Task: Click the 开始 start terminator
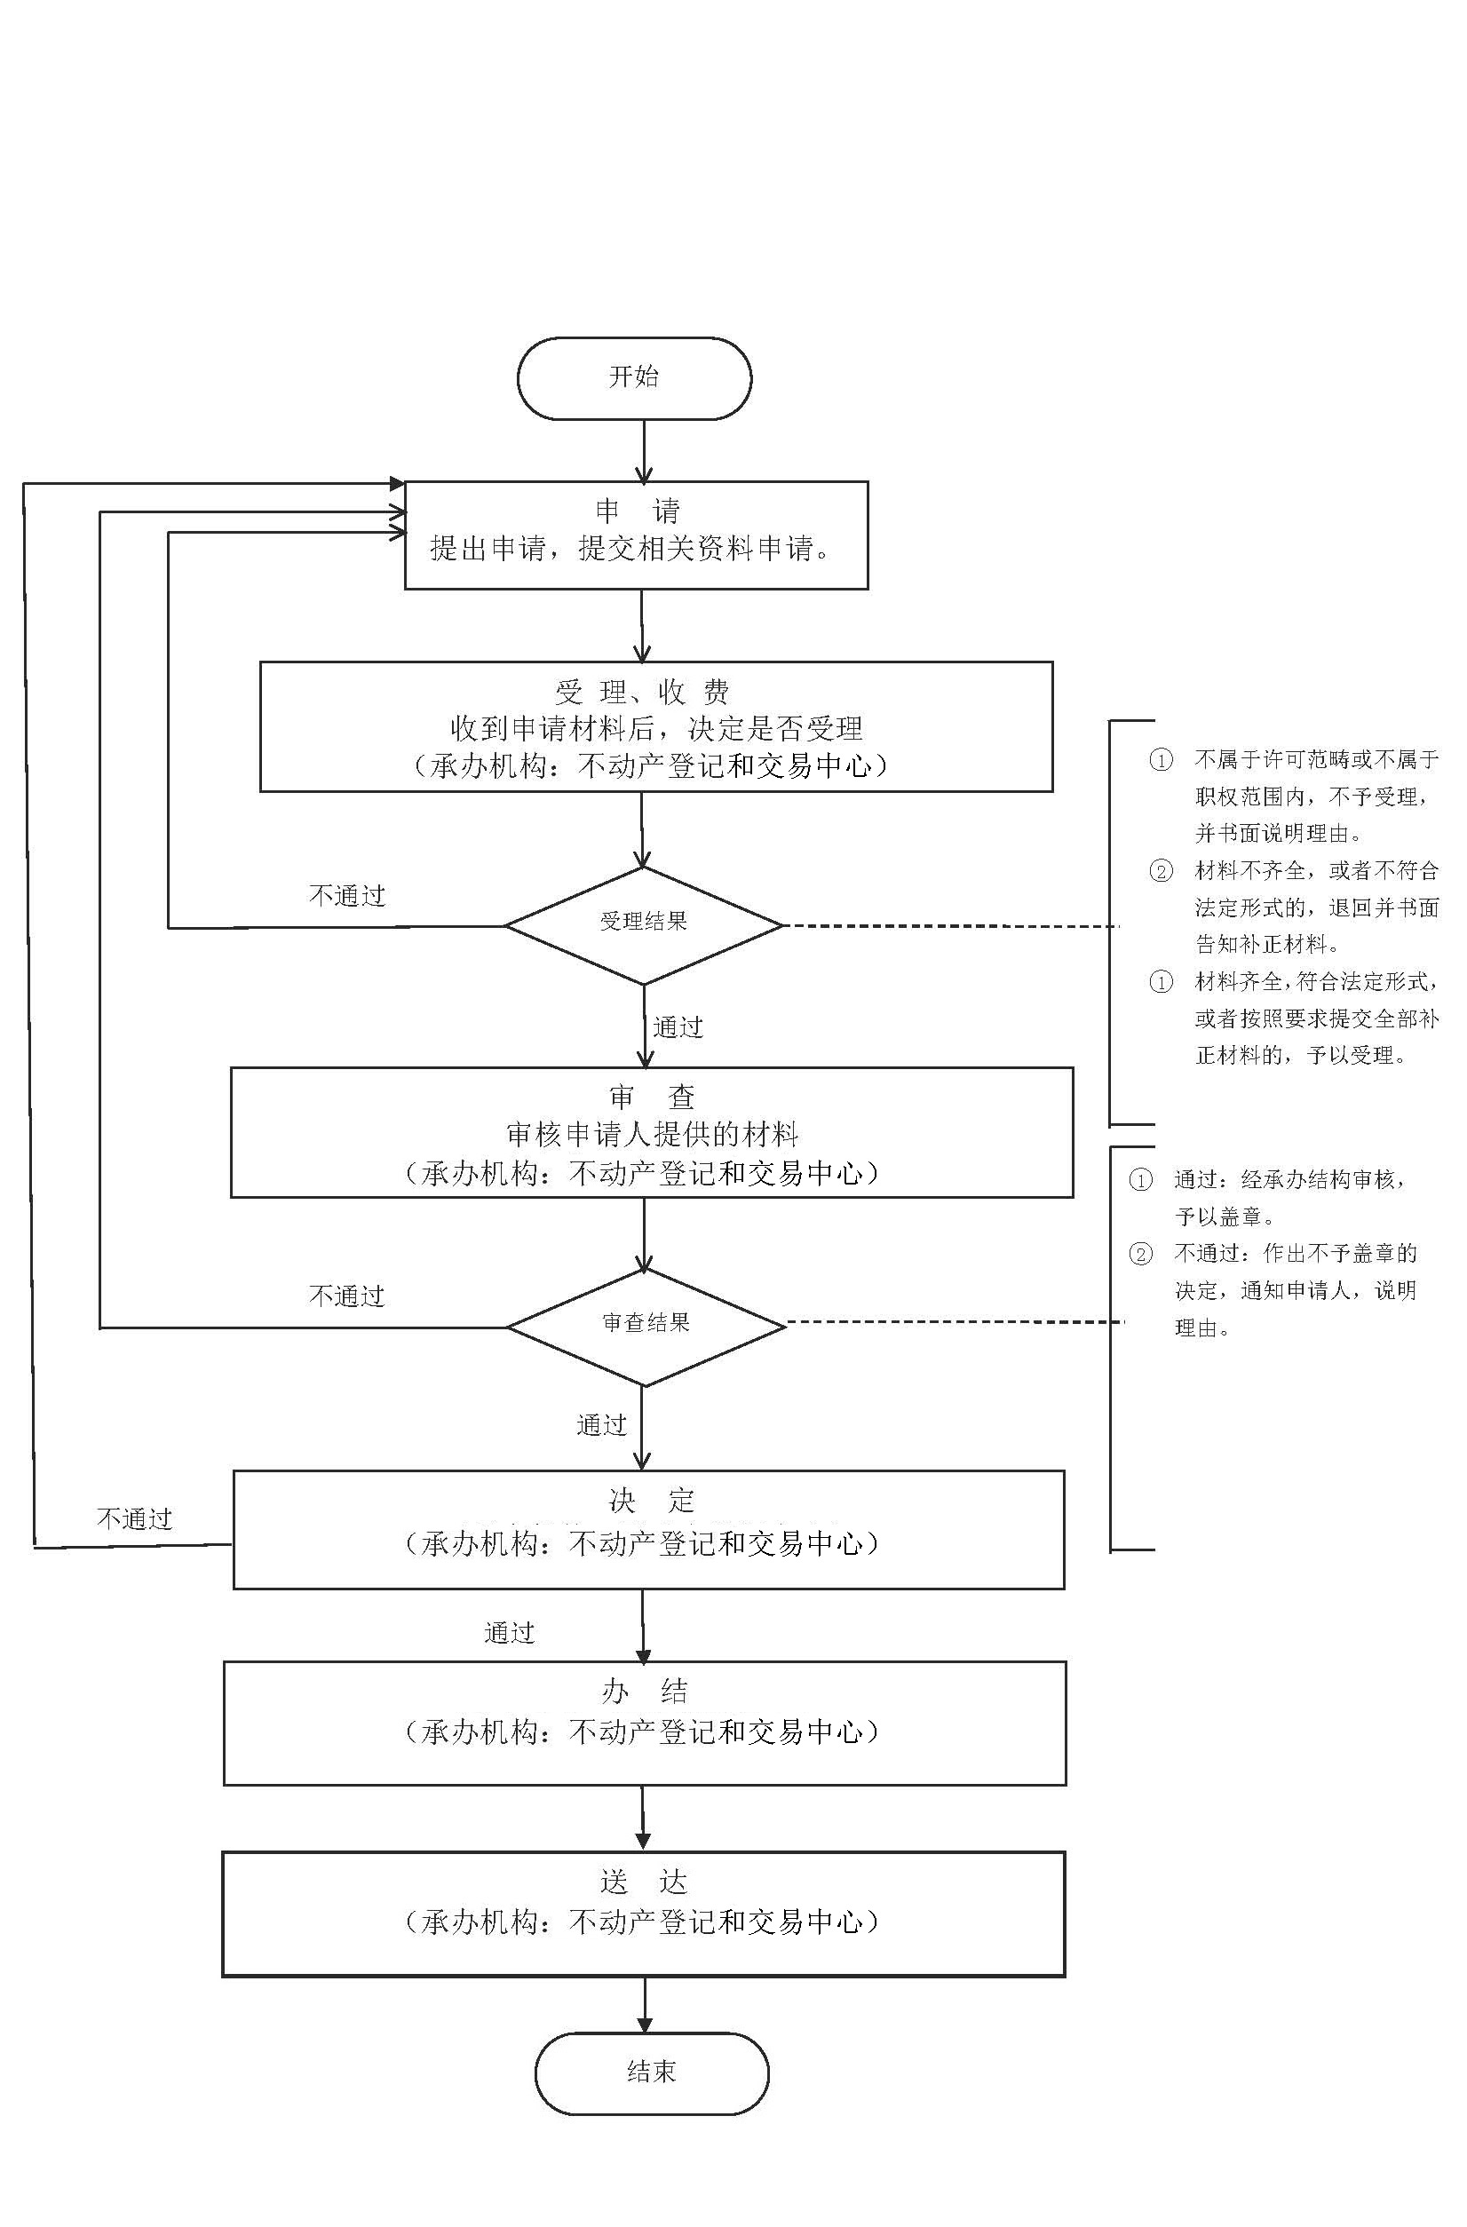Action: pos(634,378)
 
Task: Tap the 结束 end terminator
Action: pos(651,2072)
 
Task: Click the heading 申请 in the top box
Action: pos(637,511)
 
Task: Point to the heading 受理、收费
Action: pos(642,693)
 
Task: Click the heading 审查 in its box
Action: pos(651,1097)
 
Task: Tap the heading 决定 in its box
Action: pos(651,1501)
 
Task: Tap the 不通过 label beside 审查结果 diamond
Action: pos(347,1297)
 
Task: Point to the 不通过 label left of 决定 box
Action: pos(135,1518)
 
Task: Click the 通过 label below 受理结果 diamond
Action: pos(678,1027)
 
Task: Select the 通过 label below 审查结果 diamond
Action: pos(600,1425)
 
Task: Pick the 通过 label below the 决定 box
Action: pos(509,1633)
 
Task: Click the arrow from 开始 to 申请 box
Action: pos(644,451)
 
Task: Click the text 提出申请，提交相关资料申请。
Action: pos(632,550)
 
